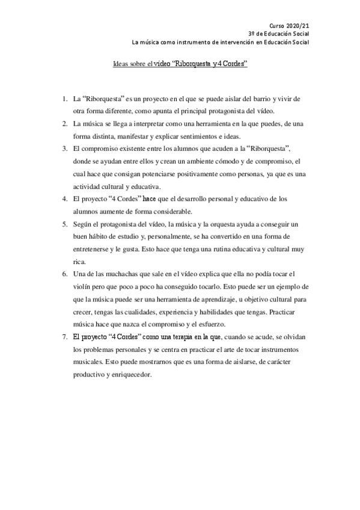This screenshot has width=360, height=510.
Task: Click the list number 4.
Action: click(x=64, y=198)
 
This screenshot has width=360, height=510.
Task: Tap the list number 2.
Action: click(x=64, y=123)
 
